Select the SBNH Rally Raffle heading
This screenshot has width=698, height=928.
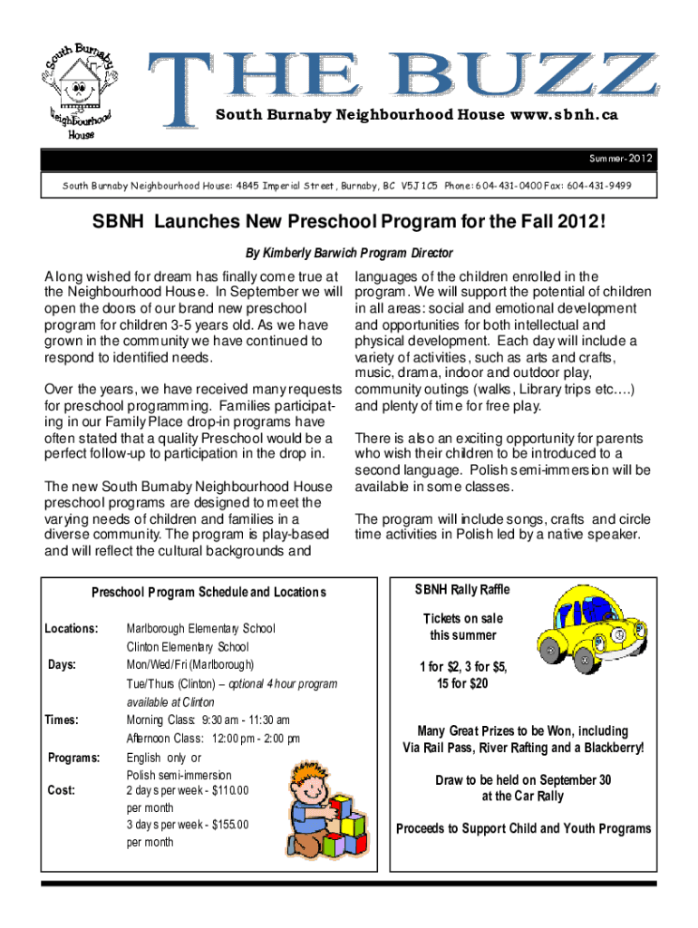pyautogui.click(x=462, y=590)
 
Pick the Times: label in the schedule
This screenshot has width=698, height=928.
pyautogui.click(x=63, y=720)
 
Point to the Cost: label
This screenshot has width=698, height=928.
pyautogui.click(x=62, y=789)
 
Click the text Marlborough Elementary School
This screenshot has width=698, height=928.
pyautogui.click(x=200, y=628)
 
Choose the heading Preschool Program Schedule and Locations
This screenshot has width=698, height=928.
pyautogui.click(x=208, y=593)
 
